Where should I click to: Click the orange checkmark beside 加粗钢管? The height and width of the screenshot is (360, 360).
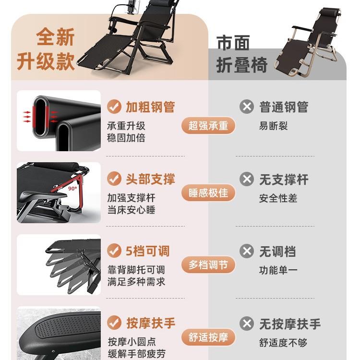click(114, 107)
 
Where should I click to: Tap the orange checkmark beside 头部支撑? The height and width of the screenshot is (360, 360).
click(114, 179)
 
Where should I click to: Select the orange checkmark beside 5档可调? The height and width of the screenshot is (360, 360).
click(114, 251)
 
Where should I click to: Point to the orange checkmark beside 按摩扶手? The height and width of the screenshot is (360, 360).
click(114, 323)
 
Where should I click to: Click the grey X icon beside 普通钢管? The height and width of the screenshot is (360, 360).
click(247, 107)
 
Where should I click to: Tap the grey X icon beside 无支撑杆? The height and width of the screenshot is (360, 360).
click(247, 180)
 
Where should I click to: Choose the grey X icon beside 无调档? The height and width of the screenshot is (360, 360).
click(247, 251)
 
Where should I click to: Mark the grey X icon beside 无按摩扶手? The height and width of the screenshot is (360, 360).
click(247, 323)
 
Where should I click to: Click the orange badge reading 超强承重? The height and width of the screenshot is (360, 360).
click(208, 126)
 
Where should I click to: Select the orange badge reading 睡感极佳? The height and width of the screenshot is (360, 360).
click(208, 193)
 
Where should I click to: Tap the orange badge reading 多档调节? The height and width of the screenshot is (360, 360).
click(208, 265)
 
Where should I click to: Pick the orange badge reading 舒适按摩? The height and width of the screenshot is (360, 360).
click(208, 337)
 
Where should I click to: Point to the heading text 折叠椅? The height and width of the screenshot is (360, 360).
click(241, 65)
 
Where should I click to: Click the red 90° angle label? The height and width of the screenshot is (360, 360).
click(72, 189)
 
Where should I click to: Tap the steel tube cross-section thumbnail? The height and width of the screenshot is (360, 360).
click(59, 120)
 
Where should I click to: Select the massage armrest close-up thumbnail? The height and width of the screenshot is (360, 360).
click(59, 334)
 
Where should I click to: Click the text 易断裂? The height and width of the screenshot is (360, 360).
click(273, 126)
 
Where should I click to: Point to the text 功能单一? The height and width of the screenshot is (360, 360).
click(278, 270)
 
